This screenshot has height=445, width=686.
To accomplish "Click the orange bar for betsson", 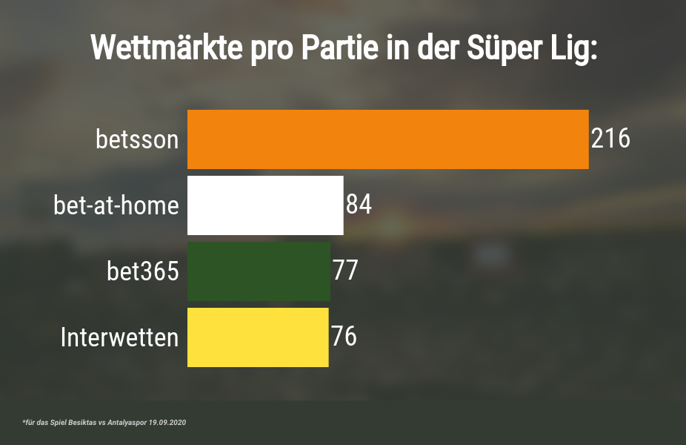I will point(387,139).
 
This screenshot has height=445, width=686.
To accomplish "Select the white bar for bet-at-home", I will point(265,205).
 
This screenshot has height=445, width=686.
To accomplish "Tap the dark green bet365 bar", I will point(259,271).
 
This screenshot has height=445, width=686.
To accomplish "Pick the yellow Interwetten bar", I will point(258,337).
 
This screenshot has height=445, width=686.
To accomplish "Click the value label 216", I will point(610,139).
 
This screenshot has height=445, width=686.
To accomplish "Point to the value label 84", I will point(359,205).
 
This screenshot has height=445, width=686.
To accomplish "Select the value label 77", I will point(345,271).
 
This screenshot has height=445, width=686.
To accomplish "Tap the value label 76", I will point(344,337).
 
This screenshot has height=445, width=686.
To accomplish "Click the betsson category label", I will point(137,139).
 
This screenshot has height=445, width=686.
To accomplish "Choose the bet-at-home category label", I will point(116,205).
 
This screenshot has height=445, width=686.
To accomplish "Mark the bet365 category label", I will point(143,271).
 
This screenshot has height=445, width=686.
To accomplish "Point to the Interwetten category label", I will point(119,337).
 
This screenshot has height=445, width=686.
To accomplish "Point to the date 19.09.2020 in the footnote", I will point(166,422).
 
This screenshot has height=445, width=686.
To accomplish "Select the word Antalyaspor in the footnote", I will point(126,422).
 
